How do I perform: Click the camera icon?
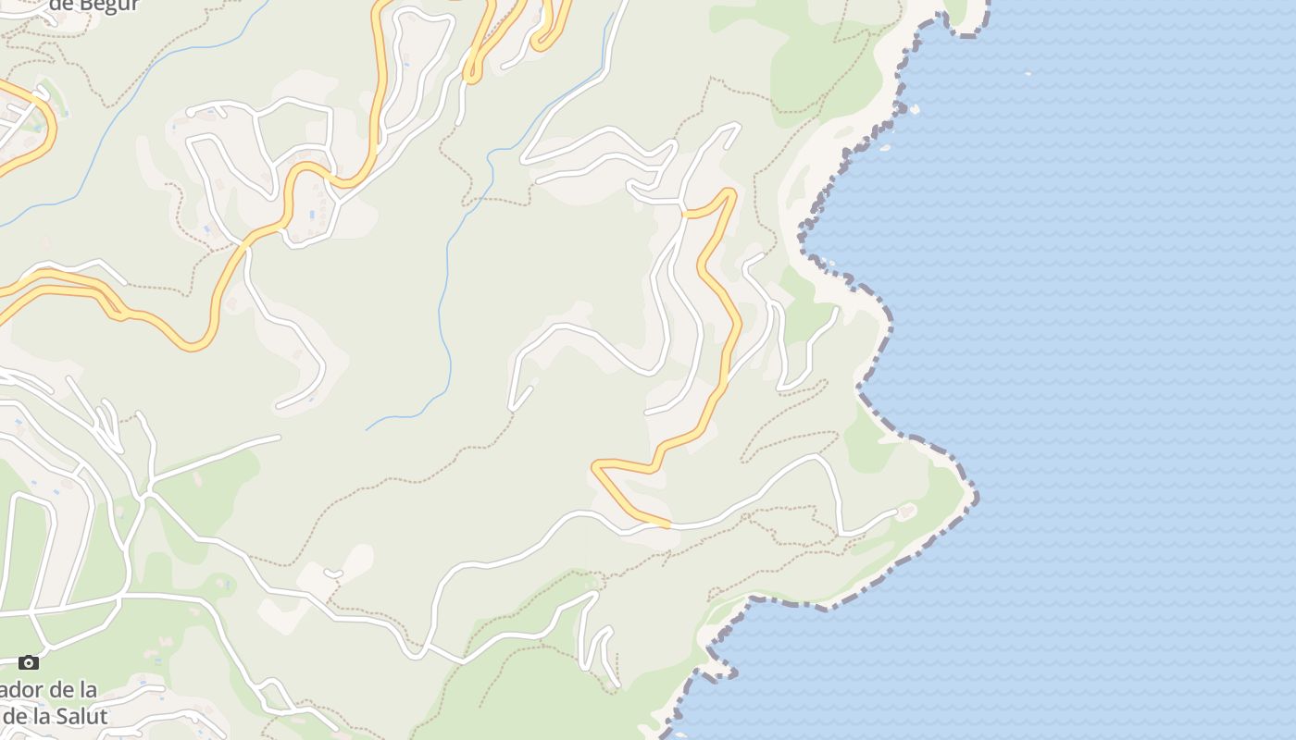[x=29, y=662]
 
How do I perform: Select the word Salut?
[x=78, y=715]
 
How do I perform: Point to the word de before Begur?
[x=60, y=6]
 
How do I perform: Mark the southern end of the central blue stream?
[x=368, y=429]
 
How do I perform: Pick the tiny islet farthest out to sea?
[x=1028, y=72]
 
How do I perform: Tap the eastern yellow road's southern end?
[x=667, y=524]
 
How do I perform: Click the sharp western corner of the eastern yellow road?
[x=595, y=465]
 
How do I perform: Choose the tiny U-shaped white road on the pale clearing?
[x=333, y=574]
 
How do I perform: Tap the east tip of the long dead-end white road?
[x=278, y=437]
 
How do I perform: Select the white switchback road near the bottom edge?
[x=597, y=647]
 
